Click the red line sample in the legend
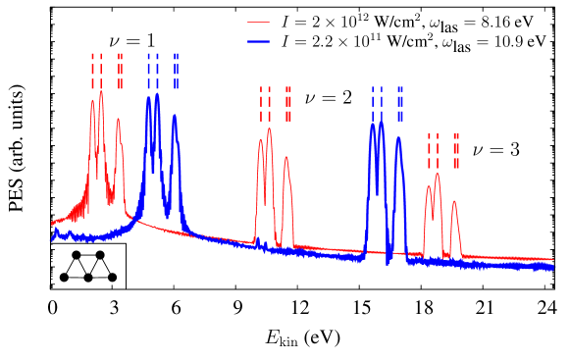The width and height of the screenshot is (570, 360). click(x=258, y=22)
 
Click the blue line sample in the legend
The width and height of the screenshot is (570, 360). click(x=258, y=41)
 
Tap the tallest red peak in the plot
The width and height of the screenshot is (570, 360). click(x=101, y=93)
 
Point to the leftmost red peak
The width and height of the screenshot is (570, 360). click(x=93, y=102)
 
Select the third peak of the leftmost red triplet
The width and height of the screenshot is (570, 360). click(x=119, y=121)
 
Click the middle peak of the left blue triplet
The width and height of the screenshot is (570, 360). click(x=157, y=95)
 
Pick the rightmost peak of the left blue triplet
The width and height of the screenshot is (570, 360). click(x=175, y=117)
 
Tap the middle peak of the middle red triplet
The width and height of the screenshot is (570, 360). click(x=269, y=129)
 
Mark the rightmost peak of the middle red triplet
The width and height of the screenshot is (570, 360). click(x=286, y=158)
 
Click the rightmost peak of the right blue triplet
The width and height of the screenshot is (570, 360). click(x=398, y=138)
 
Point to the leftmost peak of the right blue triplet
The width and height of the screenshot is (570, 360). click(x=373, y=126)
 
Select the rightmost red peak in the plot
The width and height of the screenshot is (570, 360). click(x=454, y=203)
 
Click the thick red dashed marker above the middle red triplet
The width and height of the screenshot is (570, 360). click(x=288, y=104)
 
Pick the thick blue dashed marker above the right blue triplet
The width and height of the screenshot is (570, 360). click(x=400, y=103)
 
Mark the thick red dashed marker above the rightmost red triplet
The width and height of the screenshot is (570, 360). click(x=456, y=151)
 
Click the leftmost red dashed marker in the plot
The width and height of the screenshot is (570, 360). click(x=93, y=71)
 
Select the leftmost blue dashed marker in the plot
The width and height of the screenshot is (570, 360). click(x=149, y=71)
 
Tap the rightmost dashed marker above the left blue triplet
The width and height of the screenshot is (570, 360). click(x=177, y=71)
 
